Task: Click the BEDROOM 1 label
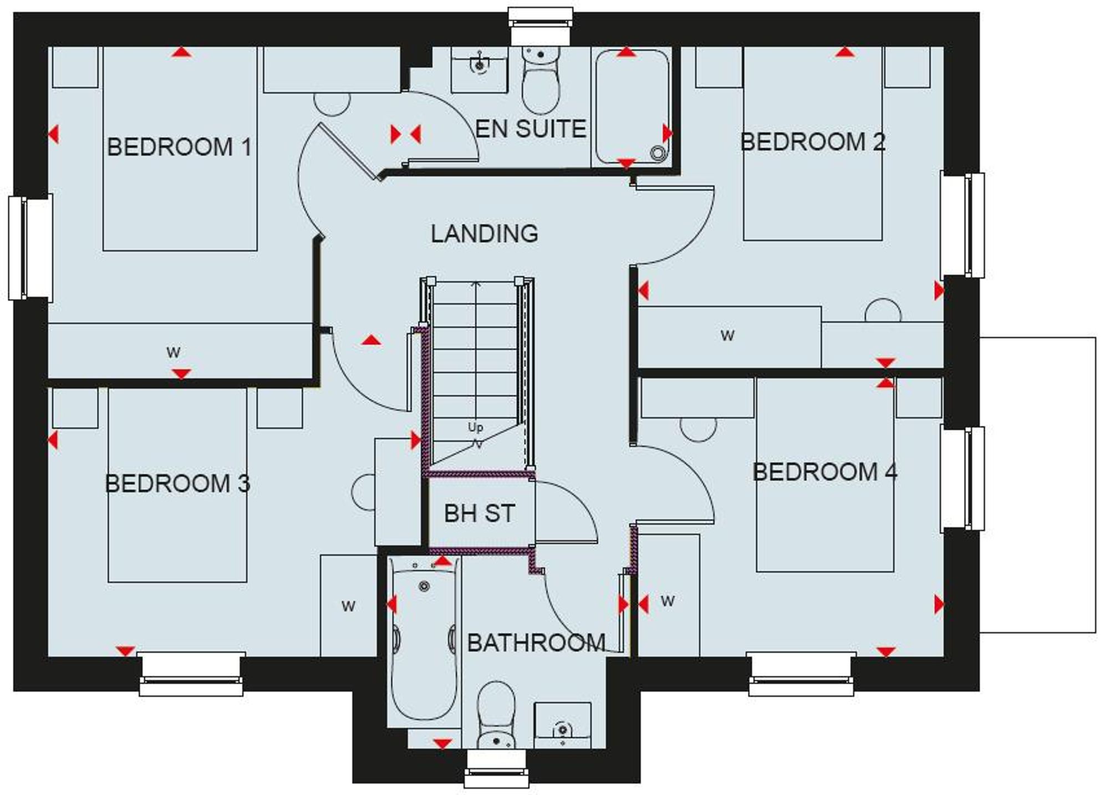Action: [179, 147]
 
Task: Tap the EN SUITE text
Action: [531, 129]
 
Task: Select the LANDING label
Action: [484, 234]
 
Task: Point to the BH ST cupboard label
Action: [480, 514]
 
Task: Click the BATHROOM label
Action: [536, 643]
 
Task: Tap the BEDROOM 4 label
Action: [825, 472]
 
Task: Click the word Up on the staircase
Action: [475, 427]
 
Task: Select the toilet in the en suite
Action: [541, 83]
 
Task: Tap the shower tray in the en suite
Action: [632, 105]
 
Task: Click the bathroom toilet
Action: [496, 716]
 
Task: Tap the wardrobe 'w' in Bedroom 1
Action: [174, 352]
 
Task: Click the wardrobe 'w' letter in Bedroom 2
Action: [727, 335]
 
